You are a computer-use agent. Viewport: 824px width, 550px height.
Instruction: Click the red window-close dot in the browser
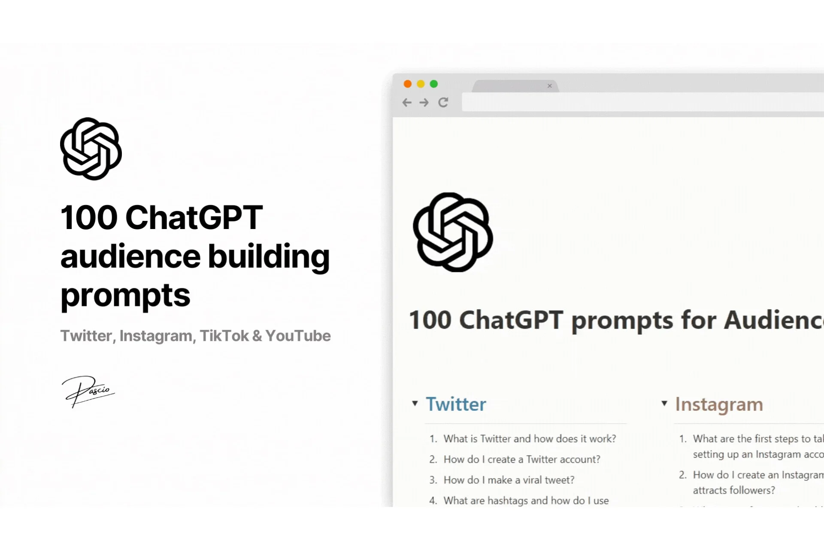(x=408, y=84)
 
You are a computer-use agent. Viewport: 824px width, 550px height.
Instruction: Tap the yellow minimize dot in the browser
(x=421, y=84)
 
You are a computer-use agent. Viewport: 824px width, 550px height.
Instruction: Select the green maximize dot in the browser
(x=434, y=84)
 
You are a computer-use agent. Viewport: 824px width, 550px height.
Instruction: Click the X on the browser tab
(x=549, y=86)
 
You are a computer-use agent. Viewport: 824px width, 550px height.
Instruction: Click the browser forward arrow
(x=424, y=102)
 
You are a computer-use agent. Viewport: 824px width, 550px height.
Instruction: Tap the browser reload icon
(x=443, y=102)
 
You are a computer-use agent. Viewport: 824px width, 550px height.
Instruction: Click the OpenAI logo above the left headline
(x=91, y=149)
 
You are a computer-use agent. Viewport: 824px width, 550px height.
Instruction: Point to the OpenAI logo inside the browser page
(x=453, y=232)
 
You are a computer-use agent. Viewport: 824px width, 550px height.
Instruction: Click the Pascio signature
(x=88, y=391)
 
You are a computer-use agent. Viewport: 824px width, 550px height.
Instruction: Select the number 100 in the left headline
(x=89, y=217)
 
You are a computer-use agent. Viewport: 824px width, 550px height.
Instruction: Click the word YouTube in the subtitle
(x=298, y=336)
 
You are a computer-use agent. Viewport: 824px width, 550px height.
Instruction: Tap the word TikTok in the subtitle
(x=224, y=336)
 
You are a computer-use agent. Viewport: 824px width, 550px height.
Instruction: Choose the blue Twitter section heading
(x=456, y=404)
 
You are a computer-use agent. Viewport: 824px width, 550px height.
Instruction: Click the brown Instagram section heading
(x=719, y=404)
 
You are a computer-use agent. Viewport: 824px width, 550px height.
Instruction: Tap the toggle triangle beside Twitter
(x=415, y=403)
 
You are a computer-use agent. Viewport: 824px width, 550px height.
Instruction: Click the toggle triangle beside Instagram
(x=664, y=403)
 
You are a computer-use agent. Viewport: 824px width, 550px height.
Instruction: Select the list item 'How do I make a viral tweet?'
(x=509, y=480)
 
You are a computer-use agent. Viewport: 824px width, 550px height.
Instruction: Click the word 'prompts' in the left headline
(x=125, y=296)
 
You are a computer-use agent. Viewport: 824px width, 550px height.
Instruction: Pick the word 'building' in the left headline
(x=269, y=257)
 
